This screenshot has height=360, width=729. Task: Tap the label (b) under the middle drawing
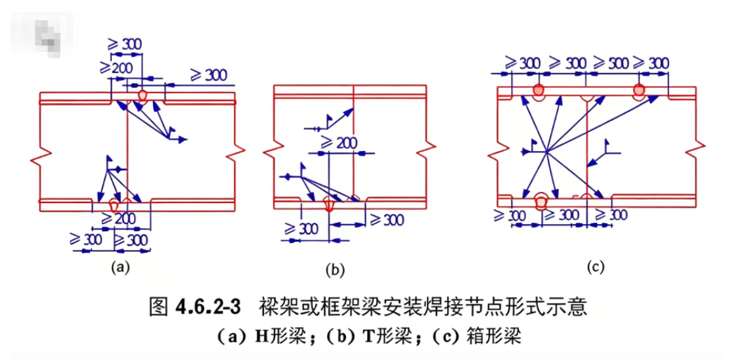pyautogui.click(x=334, y=269)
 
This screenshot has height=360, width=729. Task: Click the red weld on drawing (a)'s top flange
pyautogui.click(x=142, y=95)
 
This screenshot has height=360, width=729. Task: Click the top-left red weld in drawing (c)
pyautogui.click(x=539, y=90)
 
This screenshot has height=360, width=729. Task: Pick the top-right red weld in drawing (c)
pyautogui.click(x=639, y=91)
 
